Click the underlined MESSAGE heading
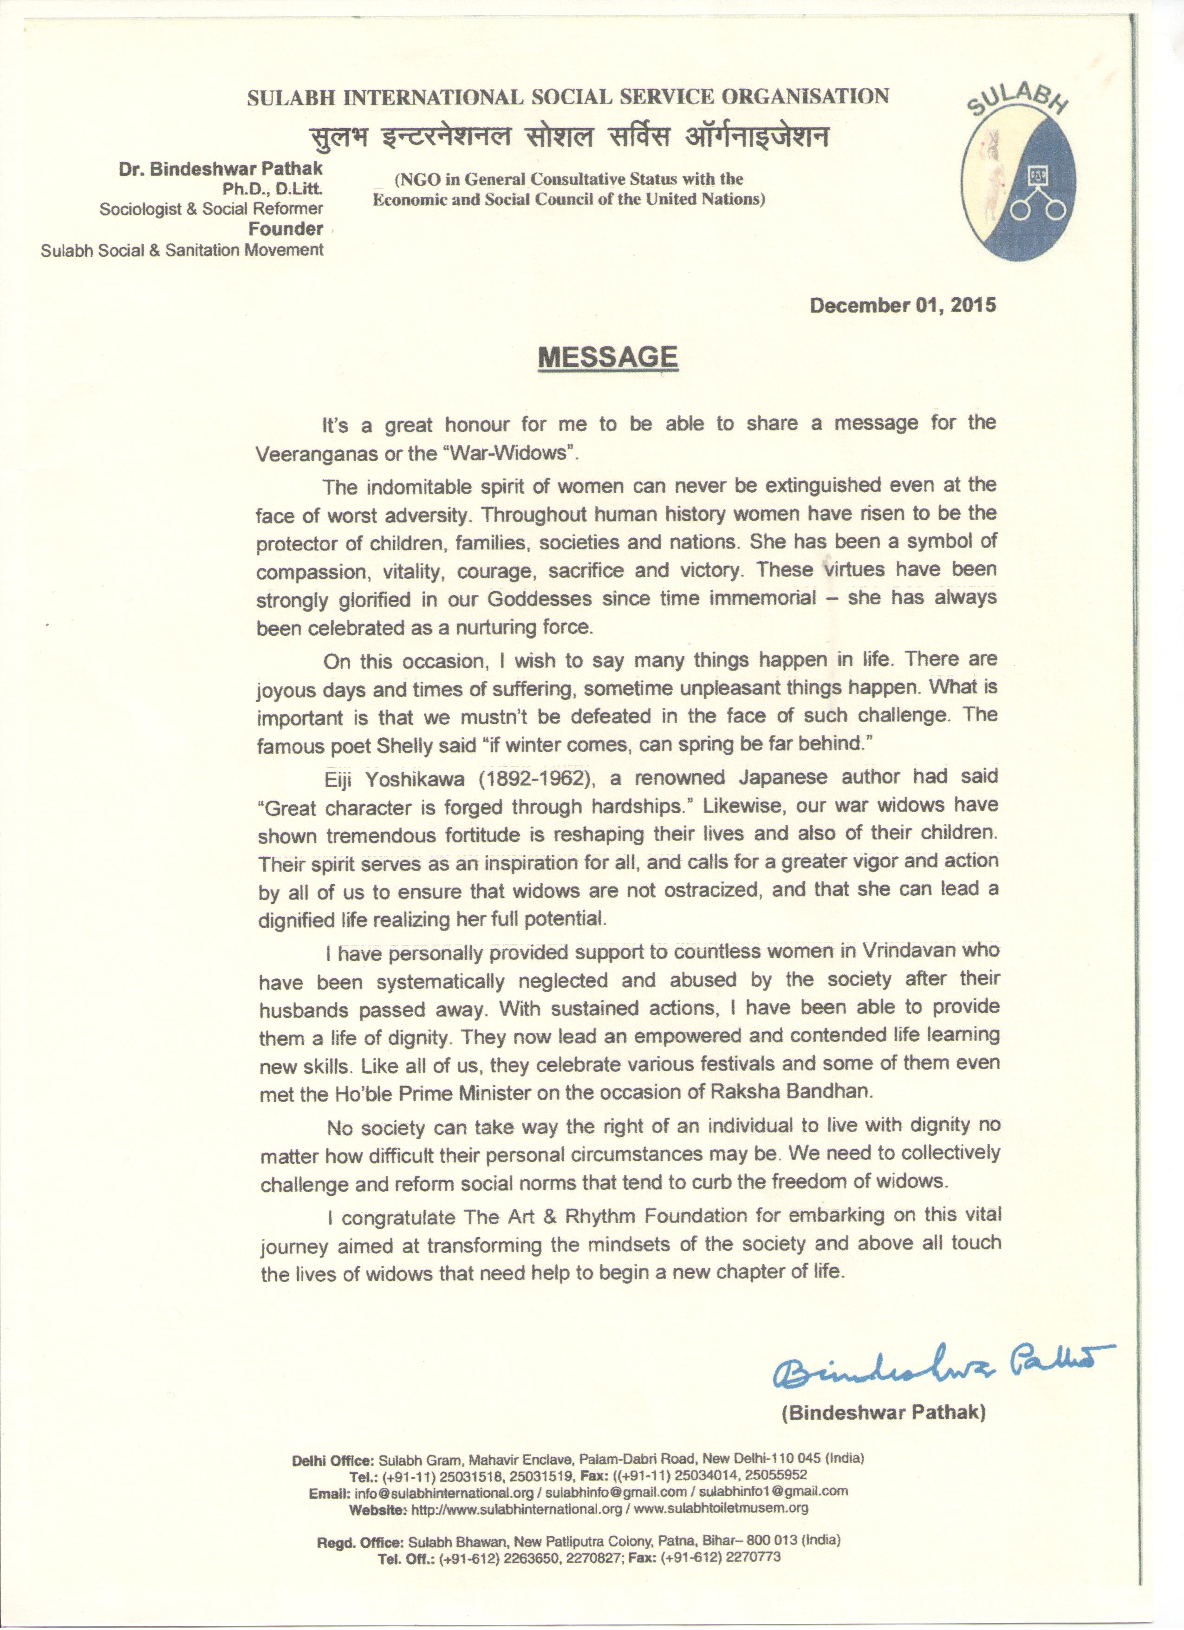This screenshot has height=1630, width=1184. pos(608,357)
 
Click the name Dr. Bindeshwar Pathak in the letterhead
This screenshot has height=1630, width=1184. pos(221,168)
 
